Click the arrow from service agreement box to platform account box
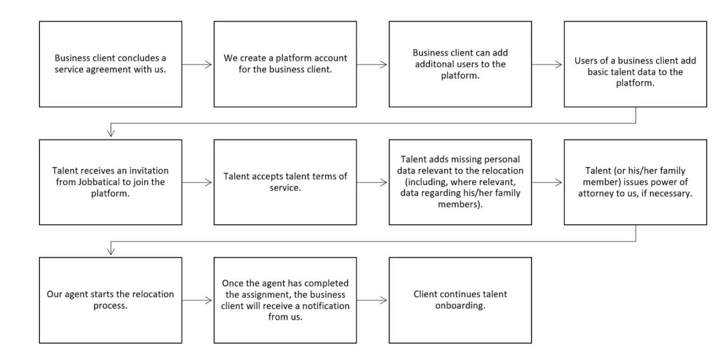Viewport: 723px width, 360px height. coord(198,64)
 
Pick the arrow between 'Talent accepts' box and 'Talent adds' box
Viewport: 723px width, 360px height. coord(373,183)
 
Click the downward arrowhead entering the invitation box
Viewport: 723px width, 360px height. coord(111,133)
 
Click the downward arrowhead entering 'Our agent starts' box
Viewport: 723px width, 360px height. coord(111,251)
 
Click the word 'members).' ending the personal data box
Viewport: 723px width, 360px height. coord(460,204)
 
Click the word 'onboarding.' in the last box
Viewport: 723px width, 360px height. coord(460,305)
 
